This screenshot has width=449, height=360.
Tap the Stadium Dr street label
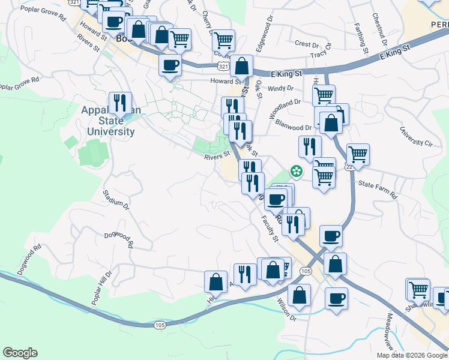coord(116,200)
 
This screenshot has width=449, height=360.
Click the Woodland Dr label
coord(285,107)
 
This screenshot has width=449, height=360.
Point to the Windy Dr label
coord(280,88)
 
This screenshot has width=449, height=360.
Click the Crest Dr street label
coord(306,44)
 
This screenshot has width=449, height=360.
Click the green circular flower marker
coord(297,172)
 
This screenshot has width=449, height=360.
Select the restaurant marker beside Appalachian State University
coord(120,104)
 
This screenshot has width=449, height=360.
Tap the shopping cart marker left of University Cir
coord(358,154)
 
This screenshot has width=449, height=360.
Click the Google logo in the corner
coord(20,353)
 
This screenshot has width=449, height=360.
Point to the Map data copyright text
coord(412,355)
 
